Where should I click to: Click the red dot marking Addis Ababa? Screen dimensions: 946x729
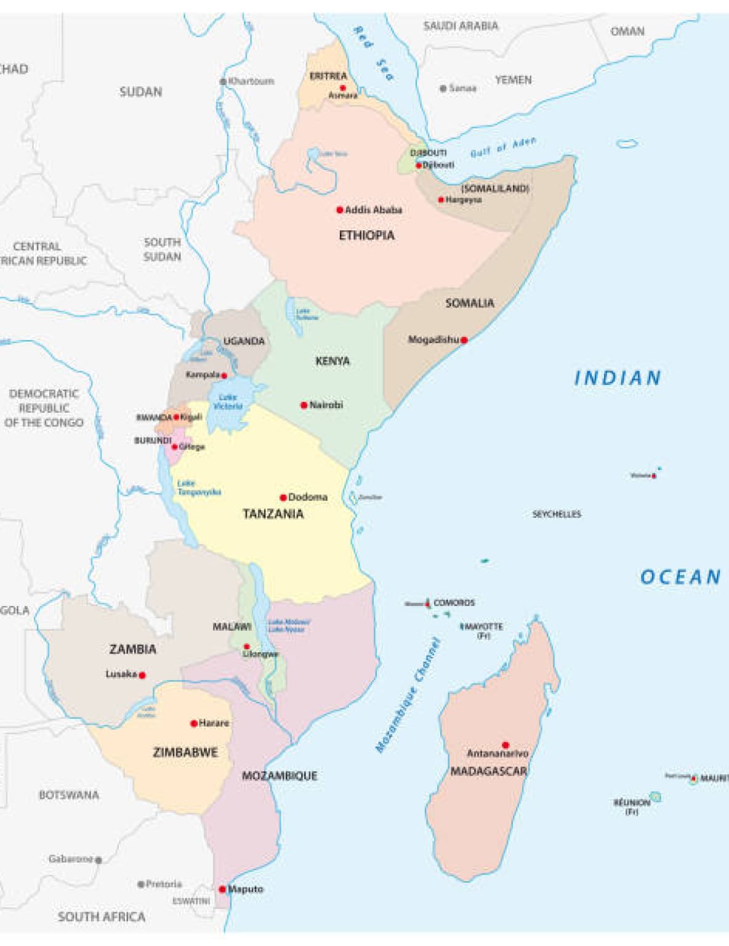pos(339,210)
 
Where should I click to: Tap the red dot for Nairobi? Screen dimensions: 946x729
pos(304,405)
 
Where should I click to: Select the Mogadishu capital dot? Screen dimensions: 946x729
pos(464,340)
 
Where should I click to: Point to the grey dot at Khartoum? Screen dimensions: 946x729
pos(223,81)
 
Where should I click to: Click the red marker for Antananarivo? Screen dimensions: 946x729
pos(505,745)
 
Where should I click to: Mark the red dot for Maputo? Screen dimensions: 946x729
pos(222,889)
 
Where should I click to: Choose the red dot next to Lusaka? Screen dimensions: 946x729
pos(142,675)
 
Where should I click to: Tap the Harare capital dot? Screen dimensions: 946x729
pos(193,724)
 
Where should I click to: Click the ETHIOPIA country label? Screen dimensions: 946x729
pos(366,235)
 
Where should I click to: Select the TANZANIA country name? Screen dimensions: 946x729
pos(273,514)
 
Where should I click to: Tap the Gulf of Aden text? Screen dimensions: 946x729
pos(503,148)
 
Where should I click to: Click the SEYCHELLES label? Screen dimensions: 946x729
pos(557,514)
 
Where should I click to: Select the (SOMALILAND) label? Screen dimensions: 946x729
pos(495,188)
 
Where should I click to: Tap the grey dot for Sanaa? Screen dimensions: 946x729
pos(443,89)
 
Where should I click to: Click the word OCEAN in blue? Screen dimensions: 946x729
pos(680,577)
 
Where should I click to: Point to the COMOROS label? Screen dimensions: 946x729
pos(454,603)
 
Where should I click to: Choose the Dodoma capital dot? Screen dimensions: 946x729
pos(283,498)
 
